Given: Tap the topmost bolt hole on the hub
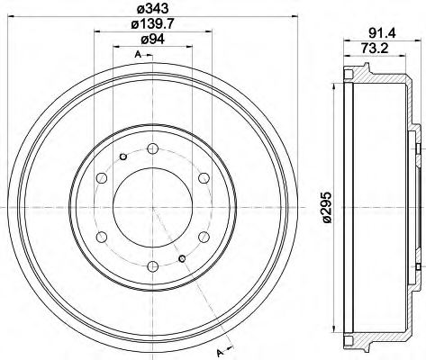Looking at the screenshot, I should (153, 148).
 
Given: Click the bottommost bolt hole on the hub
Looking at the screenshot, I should (153, 265).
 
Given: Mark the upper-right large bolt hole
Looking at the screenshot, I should (204, 177).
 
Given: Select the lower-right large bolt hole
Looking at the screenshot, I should (204, 236).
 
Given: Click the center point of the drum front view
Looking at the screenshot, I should (153, 206).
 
